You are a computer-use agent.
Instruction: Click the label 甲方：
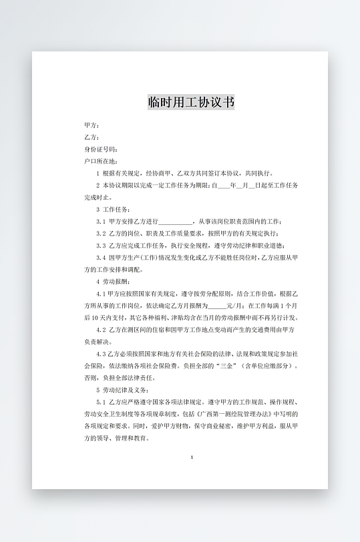92,125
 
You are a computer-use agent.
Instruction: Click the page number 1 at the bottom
192,457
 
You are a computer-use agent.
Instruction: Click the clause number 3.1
101,222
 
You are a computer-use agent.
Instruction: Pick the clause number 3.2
101,234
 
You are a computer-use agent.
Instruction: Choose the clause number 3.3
101,246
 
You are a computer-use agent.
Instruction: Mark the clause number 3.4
101,258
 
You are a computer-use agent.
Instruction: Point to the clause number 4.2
101,330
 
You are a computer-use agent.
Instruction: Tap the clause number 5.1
101,402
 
